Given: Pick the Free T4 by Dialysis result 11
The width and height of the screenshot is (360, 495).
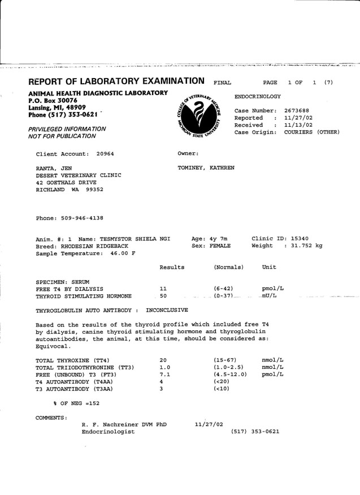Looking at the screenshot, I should pos(163,289).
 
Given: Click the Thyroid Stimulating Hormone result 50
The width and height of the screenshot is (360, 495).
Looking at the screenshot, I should pos(163,296).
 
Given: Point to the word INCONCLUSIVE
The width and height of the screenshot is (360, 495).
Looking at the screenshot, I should pos(167,311).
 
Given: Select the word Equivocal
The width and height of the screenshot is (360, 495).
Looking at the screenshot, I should pos(54,346).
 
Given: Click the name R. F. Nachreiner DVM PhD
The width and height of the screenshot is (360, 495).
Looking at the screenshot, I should pos(124,424).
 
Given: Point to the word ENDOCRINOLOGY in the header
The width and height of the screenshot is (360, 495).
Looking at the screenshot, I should pos(257,97).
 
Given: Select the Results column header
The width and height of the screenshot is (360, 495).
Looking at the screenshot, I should pos(172,266).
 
